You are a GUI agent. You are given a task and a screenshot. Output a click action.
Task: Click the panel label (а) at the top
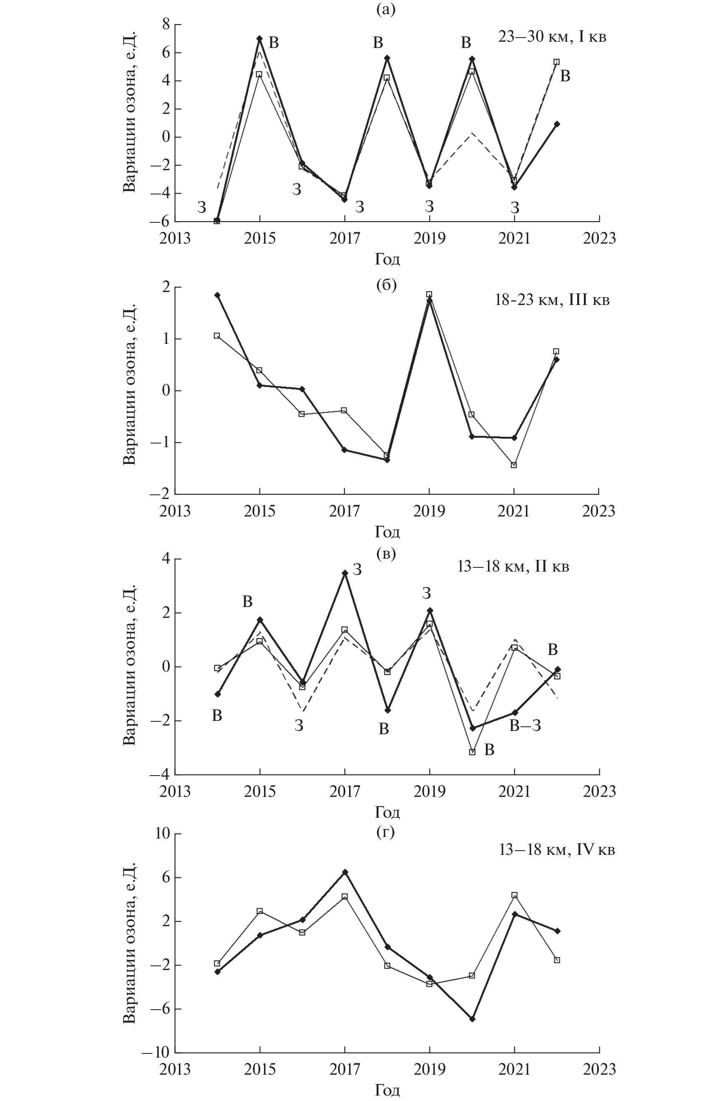385,10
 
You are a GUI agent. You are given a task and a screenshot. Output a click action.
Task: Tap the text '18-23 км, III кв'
552,301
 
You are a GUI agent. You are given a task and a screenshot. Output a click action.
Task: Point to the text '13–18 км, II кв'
513,567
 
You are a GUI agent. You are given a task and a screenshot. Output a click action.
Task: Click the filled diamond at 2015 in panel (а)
260,39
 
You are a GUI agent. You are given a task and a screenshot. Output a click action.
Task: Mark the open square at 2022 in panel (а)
556,62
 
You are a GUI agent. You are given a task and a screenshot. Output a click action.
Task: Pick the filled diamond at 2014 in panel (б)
217,295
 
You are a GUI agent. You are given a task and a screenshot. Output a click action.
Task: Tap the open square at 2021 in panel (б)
514,465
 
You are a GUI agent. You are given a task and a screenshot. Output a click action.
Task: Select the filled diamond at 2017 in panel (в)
344,573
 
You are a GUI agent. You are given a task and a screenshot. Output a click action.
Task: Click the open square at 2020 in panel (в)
472,752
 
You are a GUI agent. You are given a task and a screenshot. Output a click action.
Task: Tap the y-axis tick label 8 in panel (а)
165,25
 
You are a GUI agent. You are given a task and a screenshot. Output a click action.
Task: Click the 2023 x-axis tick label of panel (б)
598,511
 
